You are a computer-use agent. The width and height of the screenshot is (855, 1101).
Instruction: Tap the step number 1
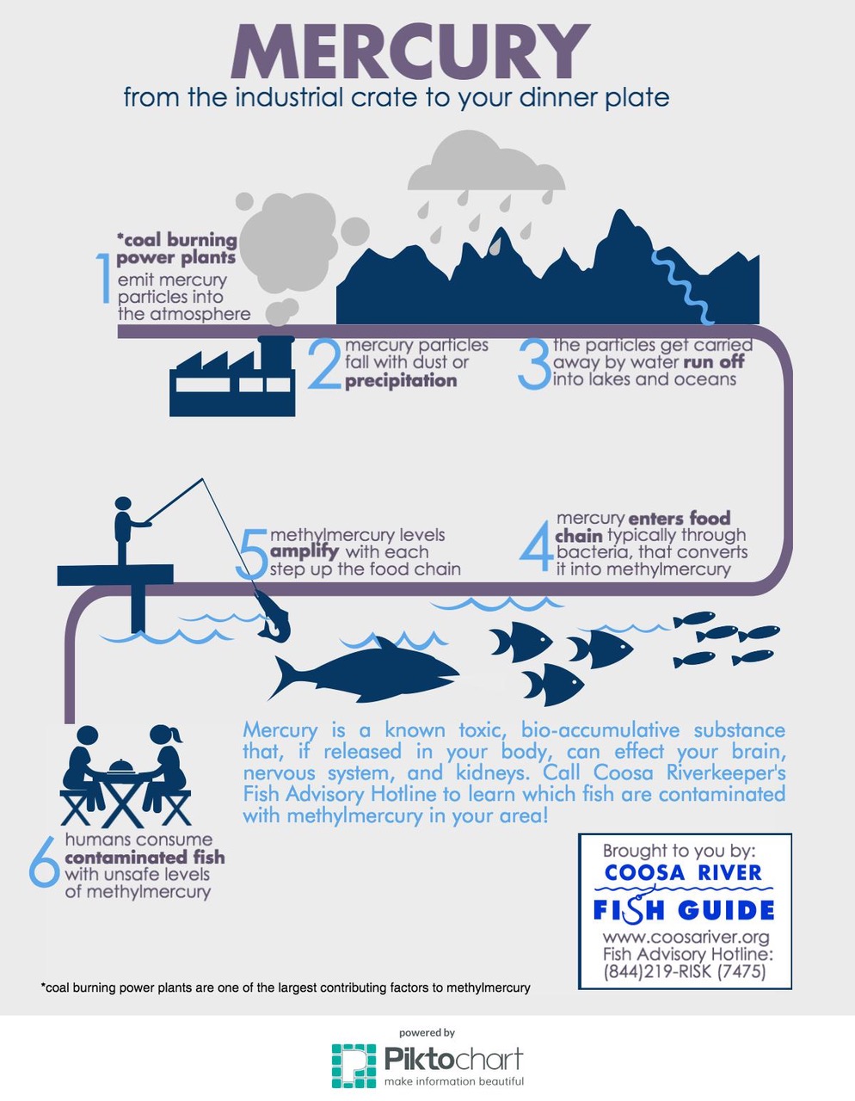point(104,278)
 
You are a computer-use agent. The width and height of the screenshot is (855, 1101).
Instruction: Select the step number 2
point(324,364)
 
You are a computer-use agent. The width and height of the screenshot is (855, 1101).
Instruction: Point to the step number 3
point(535,364)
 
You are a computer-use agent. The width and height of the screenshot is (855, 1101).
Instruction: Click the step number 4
point(536,546)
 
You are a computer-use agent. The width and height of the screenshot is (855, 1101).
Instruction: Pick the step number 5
point(252,554)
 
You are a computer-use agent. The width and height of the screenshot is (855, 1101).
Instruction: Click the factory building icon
point(232,376)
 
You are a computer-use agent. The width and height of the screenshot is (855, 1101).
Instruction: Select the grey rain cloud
point(486,161)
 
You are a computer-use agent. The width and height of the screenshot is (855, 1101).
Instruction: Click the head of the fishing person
point(123,504)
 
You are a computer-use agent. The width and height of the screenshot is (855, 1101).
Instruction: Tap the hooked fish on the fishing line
point(274,616)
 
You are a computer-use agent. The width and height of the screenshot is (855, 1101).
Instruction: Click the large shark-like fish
point(363,670)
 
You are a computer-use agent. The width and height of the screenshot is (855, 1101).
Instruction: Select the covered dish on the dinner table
point(120,766)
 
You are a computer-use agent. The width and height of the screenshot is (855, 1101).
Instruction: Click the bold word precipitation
point(401,380)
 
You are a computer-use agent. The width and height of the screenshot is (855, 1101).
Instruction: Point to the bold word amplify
point(304,551)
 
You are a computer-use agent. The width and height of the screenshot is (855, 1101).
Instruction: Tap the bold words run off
point(714,362)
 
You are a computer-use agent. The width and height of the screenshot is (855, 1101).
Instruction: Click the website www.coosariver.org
point(686,937)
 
